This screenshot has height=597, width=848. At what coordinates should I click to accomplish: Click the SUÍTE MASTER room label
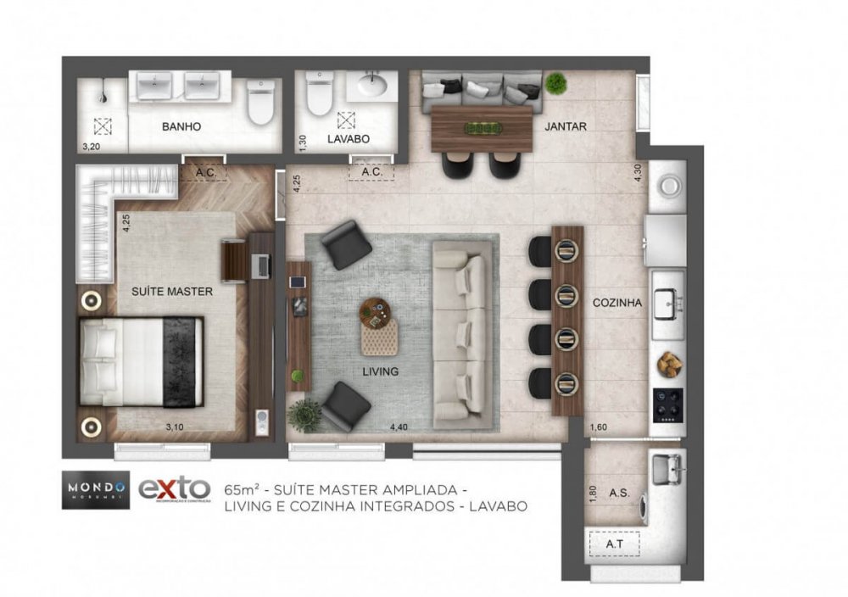point(171,292)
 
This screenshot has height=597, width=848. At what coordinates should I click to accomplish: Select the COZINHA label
point(616,302)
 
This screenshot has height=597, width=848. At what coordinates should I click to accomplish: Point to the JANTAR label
point(566,126)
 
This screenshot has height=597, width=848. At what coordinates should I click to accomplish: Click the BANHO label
point(181,126)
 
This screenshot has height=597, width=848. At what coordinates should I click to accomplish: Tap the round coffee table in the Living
point(377,310)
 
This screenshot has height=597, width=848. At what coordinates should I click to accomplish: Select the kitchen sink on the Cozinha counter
point(668,299)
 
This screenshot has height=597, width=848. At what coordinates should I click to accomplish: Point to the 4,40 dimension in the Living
point(400,427)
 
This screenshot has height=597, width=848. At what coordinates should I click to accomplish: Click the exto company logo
point(174,489)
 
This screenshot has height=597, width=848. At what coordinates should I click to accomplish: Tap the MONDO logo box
point(95,490)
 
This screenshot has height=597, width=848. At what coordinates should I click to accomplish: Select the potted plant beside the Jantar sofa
point(556,82)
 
